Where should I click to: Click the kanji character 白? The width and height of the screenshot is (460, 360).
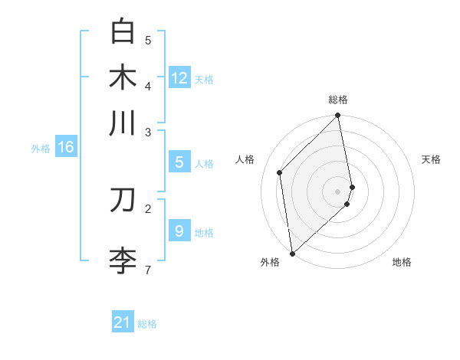tap(123, 33)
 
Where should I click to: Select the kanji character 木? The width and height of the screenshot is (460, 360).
tap(123, 77)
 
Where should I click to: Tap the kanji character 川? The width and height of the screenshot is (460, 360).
tap(123, 123)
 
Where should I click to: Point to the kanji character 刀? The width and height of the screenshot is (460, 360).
tap(123, 200)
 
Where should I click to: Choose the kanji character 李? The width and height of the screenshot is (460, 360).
tap(123, 260)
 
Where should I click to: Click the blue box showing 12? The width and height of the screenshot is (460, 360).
tap(179, 78)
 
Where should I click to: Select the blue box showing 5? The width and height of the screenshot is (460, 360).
tap(179, 162)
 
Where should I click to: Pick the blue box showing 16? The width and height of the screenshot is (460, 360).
tap(66, 147)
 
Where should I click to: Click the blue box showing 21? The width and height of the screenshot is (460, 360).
tap(123, 322)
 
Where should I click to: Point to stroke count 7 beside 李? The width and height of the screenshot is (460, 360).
tap(147, 270)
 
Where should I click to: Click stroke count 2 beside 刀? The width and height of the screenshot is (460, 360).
tap(147, 208)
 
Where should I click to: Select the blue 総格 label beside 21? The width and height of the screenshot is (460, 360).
tap(147, 324)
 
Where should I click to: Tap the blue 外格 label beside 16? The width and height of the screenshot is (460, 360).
tap(41, 149)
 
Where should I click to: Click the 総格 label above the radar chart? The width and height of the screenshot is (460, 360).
tap(338, 100)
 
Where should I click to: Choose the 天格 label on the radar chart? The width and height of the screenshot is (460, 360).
tap(431, 159)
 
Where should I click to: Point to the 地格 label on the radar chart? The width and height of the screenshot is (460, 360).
tap(402, 262)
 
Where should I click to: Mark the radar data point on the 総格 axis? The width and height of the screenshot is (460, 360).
tap(338, 116)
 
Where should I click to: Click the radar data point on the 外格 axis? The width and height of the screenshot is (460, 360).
tap(292, 254)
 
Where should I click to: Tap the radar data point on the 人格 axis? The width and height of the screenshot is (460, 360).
tap(280, 172)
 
